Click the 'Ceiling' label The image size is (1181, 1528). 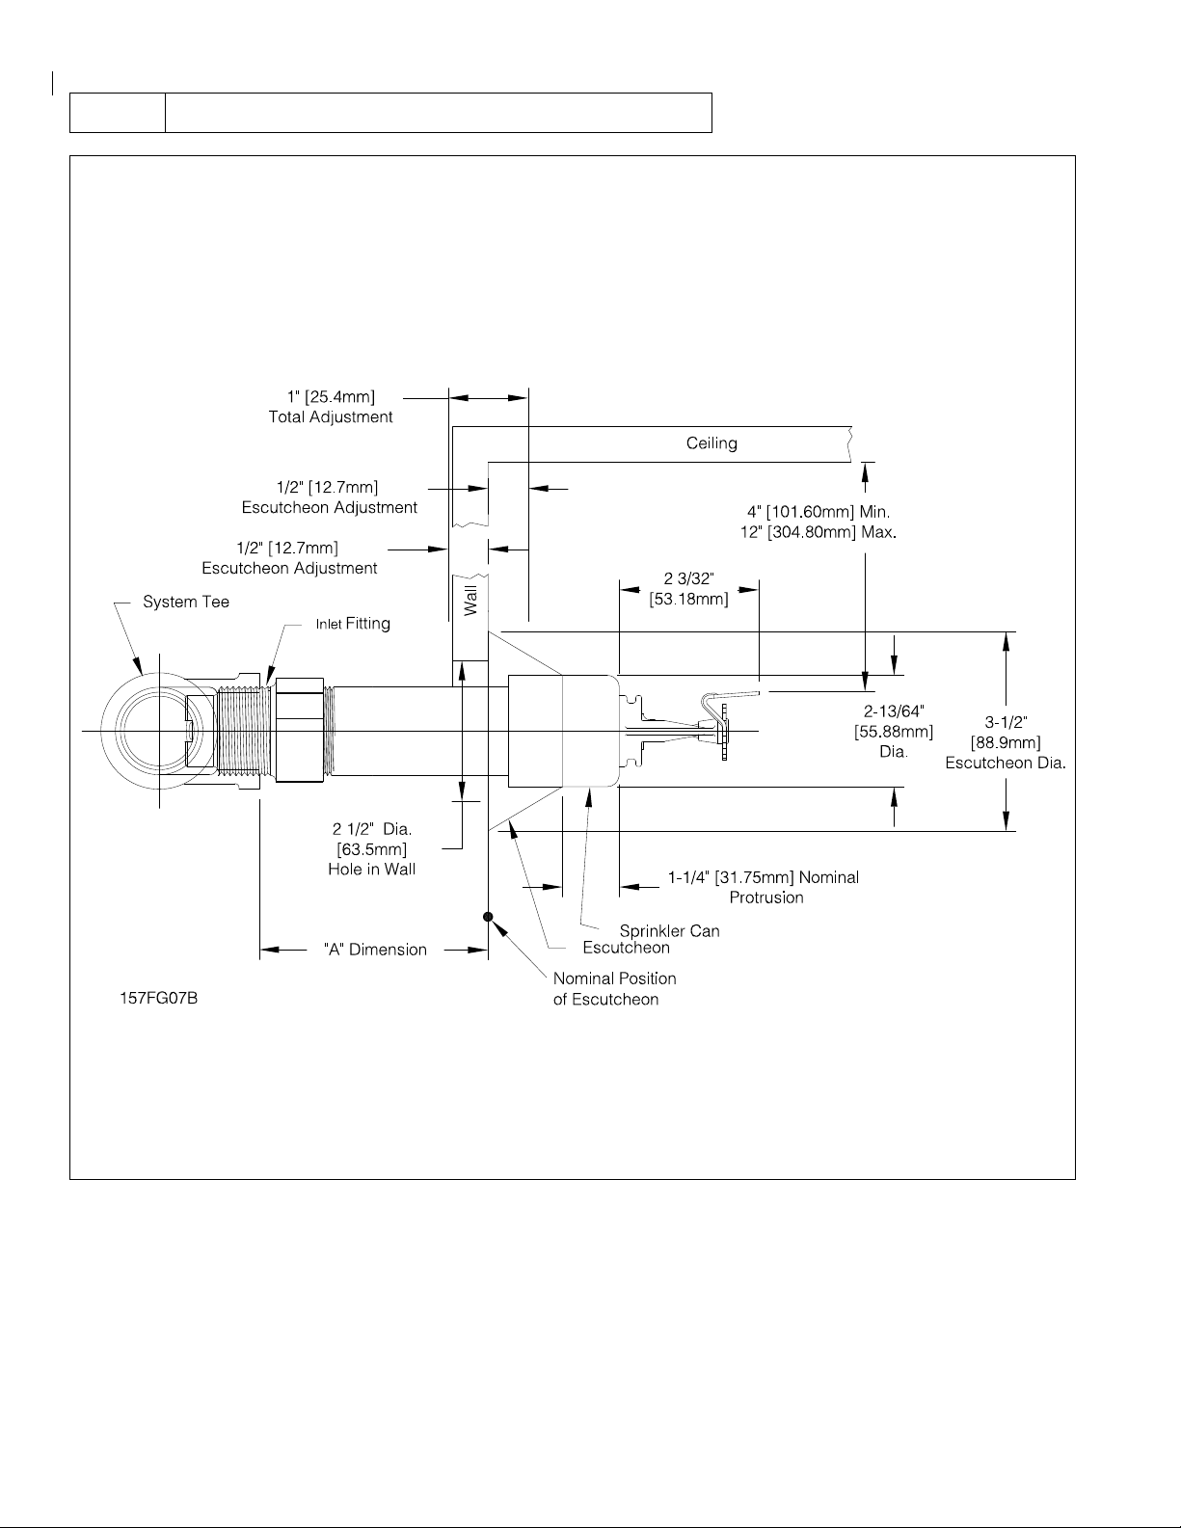[711, 443]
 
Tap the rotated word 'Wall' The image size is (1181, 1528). [470, 601]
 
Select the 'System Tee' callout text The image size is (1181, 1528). [185, 602]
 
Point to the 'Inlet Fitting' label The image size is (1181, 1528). [353, 624]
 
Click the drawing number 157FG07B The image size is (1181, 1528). [158, 998]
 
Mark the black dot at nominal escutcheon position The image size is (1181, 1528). [488, 916]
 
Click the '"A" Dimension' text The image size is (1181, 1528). [375, 950]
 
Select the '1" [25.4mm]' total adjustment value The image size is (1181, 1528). [331, 396]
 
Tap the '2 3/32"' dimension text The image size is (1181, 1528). [689, 578]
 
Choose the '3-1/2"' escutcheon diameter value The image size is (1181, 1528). [1006, 722]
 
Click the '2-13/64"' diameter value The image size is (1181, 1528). [894, 711]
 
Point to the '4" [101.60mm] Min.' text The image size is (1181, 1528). [819, 512]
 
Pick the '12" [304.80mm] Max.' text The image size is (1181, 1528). [819, 532]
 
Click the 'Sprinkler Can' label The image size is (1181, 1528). [669, 931]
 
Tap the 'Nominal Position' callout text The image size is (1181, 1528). [614, 978]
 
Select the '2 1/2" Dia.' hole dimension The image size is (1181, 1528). [372, 829]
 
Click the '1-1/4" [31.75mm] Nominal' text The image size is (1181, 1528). [764, 877]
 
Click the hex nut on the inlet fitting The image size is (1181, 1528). [300, 731]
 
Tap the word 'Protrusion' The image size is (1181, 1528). [766, 898]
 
